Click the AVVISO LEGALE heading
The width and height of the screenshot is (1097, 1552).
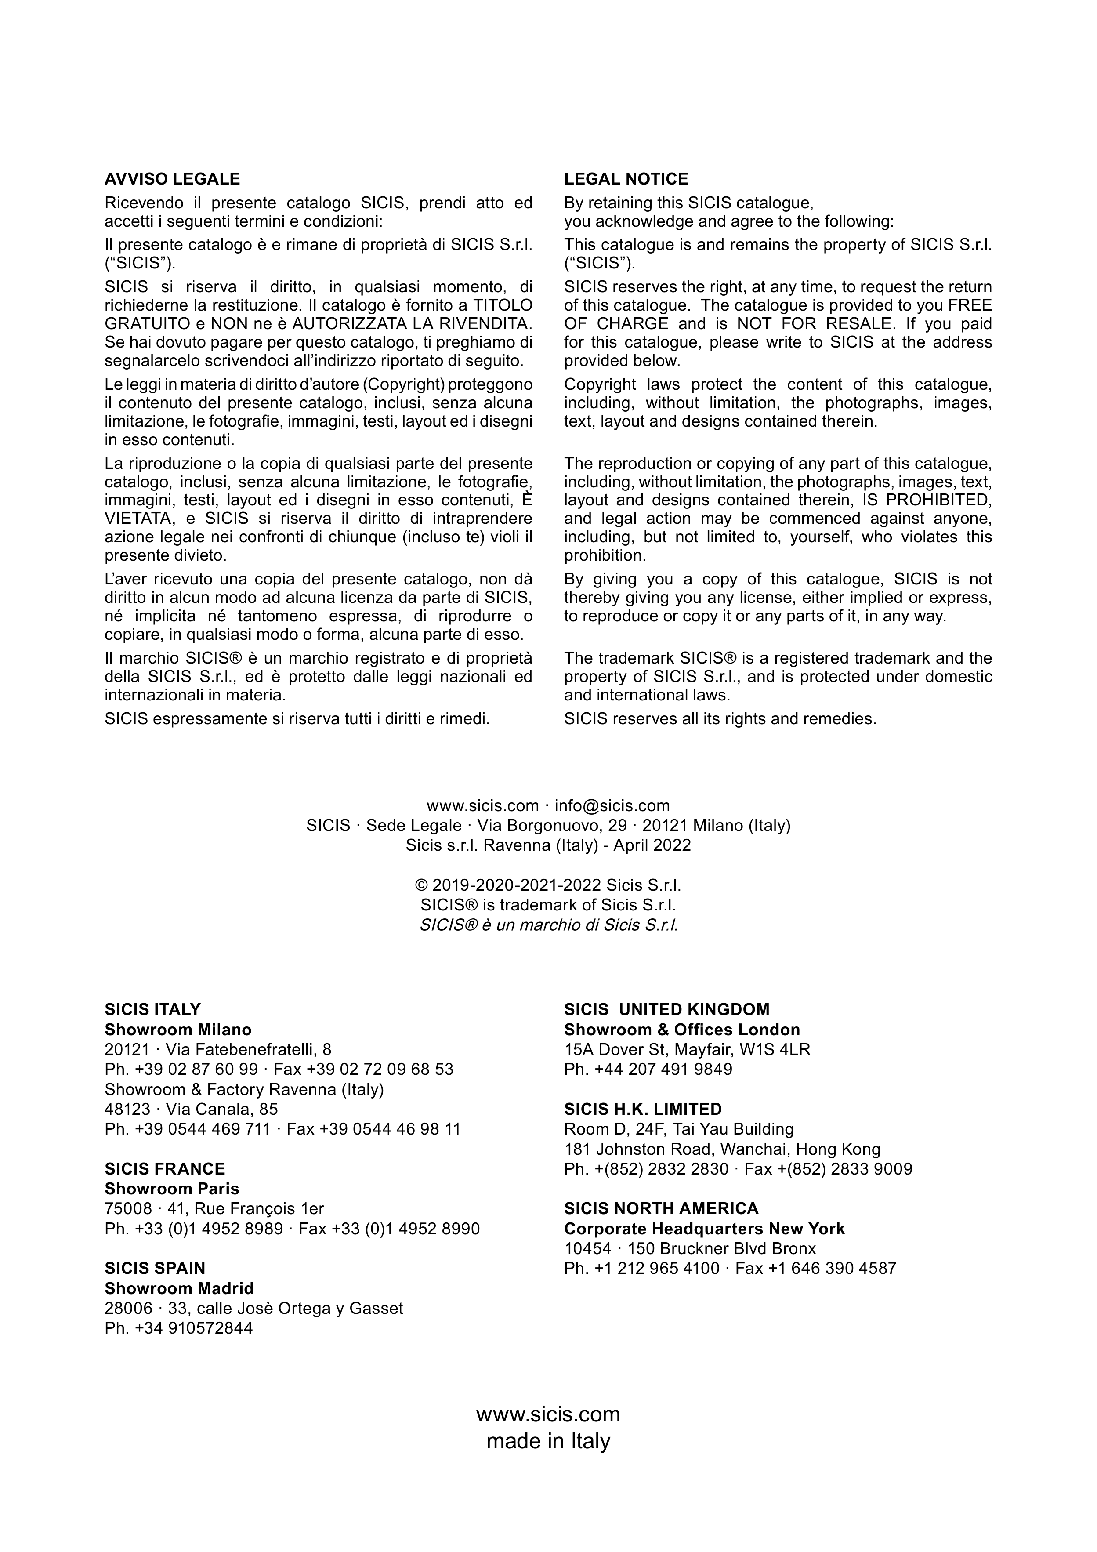tap(172, 179)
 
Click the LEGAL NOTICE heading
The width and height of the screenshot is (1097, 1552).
tap(626, 179)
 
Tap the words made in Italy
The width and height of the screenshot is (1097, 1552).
tap(548, 1441)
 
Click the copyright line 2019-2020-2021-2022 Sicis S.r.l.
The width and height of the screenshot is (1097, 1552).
tap(548, 885)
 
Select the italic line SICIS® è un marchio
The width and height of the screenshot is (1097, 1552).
tap(548, 925)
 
